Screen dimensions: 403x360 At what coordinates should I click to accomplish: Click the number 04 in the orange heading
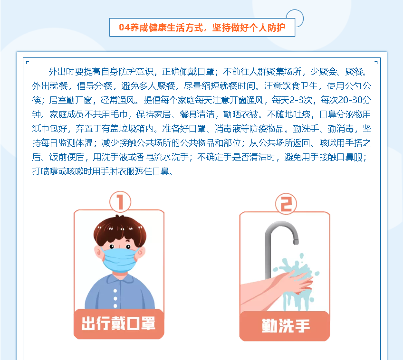pyautogui.click(x=125, y=27)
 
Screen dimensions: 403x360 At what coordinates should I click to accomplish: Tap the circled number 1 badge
pyautogui.click(x=120, y=202)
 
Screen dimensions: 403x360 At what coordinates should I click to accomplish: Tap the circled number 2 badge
pyautogui.click(x=286, y=204)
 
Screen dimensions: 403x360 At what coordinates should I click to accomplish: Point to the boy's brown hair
pyautogui.click(x=120, y=229)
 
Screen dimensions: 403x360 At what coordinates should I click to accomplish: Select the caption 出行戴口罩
pyautogui.click(x=118, y=323)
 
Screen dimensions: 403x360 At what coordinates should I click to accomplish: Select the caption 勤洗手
pyautogui.click(x=286, y=326)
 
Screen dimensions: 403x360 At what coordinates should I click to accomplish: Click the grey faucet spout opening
pyautogui.click(x=296, y=242)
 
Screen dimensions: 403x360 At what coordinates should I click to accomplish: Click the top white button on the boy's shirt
pyautogui.click(x=115, y=291)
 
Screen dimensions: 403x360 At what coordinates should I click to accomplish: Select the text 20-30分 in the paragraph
pyautogui.click(x=355, y=100)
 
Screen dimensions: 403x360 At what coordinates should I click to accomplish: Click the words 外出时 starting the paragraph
pyautogui.click(x=62, y=72)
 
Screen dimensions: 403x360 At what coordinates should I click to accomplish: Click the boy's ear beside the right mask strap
pyautogui.click(x=141, y=253)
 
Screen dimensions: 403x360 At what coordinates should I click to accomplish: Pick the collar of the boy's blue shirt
pyautogui.click(x=119, y=279)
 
